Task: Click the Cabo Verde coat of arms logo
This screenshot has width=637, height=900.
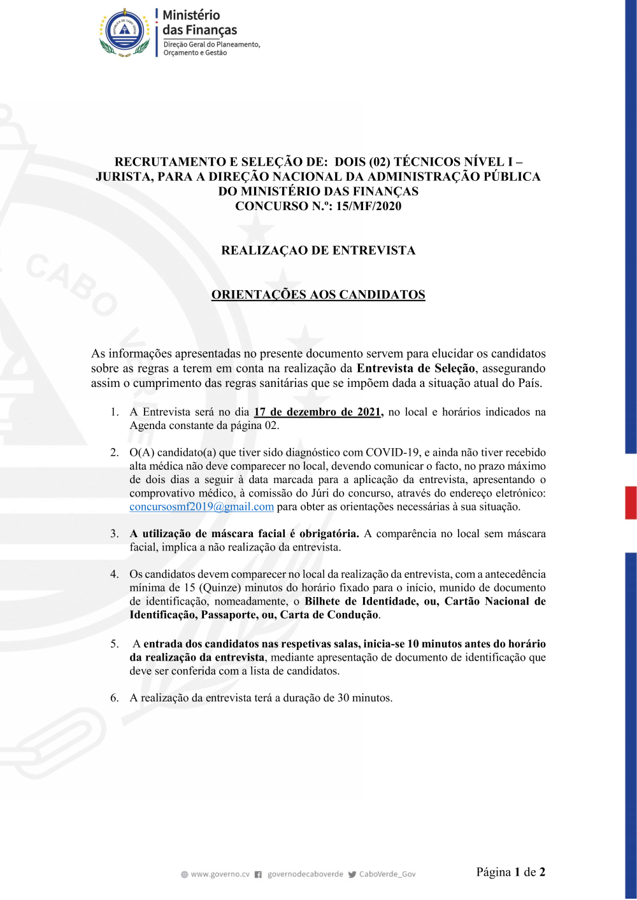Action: (x=125, y=32)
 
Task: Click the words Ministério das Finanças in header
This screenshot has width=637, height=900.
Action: (x=199, y=23)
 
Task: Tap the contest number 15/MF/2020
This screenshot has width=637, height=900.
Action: (x=369, y=206)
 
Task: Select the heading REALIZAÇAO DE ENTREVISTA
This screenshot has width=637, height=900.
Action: (x=318, y=250)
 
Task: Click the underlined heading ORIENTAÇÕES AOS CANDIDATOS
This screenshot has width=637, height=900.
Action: (x=318, y=295)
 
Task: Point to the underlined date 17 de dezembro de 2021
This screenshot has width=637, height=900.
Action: (x=318, y=412)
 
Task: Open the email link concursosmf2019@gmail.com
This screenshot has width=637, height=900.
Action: (x=201, y=507)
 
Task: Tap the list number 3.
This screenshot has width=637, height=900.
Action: (x=115, y=533)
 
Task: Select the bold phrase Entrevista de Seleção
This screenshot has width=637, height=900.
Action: (x=415, y=368)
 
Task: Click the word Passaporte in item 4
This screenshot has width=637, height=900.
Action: (x=229, y=615)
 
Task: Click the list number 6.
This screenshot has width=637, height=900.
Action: (x=115, y=698)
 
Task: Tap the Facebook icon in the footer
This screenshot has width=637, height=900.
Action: (x=258, y=875)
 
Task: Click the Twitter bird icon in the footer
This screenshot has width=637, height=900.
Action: (x=352, y=875)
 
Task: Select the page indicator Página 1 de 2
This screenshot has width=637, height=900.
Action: (x=510, y=872)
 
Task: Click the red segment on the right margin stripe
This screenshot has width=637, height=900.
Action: (x=631, y=503)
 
